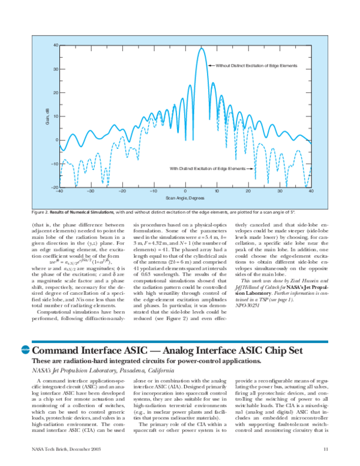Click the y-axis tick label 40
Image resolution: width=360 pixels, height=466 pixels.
(x=55, y=45)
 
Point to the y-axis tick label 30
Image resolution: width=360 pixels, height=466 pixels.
(x=55, y=68)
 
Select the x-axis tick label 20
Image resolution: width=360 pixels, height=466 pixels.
(x=248, y=191)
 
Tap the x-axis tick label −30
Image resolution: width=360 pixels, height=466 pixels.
(x=90, y=191)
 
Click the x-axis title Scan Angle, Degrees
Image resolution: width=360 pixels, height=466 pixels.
(x=185, y=198)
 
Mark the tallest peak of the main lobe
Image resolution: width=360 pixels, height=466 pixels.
(x=201, y=48)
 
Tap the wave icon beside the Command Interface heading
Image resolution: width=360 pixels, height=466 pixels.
(x=25, y=350)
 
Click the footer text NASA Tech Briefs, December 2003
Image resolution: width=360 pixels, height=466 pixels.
(x=65, y=449)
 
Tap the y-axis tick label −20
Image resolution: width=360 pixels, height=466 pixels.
(x=53, y=187)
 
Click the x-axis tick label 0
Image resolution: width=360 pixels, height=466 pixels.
(x=185, y=191)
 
